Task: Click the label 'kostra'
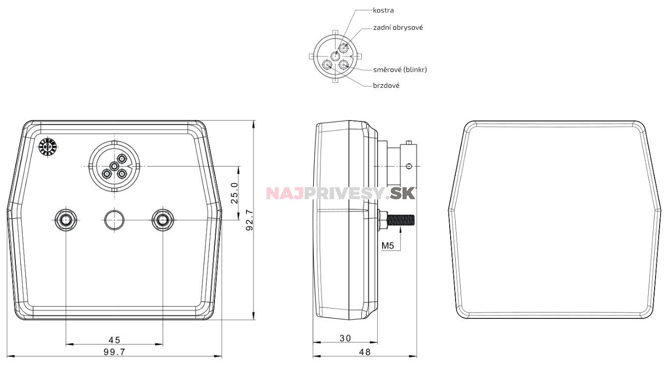[383, 10]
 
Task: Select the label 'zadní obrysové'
[398, 28]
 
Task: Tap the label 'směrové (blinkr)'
[400, 69]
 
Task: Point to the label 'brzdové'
[386, 85]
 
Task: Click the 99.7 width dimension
[114, 352]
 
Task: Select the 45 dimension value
[114, 340]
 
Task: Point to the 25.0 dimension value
[235, 192]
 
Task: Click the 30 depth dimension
[345, 338]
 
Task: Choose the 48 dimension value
[365, 352]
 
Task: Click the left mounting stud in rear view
[66, 219]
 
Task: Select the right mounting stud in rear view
[162, 219]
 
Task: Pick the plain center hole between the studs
[114, 219]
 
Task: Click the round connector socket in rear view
[114, 166]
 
